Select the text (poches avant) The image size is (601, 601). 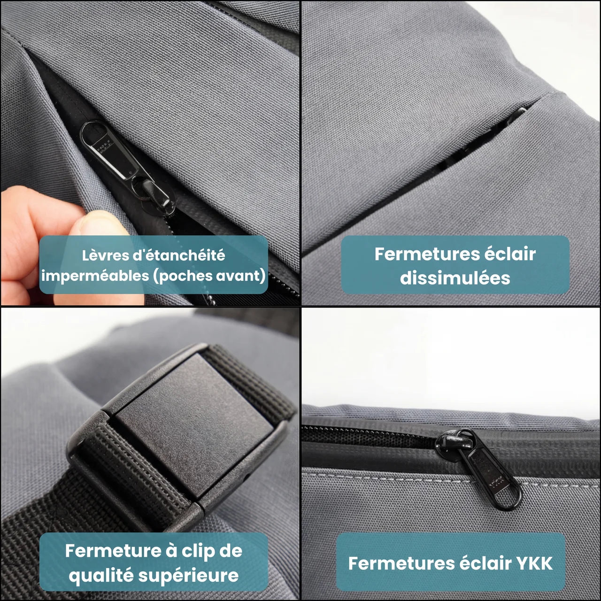pos(209,276)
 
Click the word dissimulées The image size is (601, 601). pos(455,277)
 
